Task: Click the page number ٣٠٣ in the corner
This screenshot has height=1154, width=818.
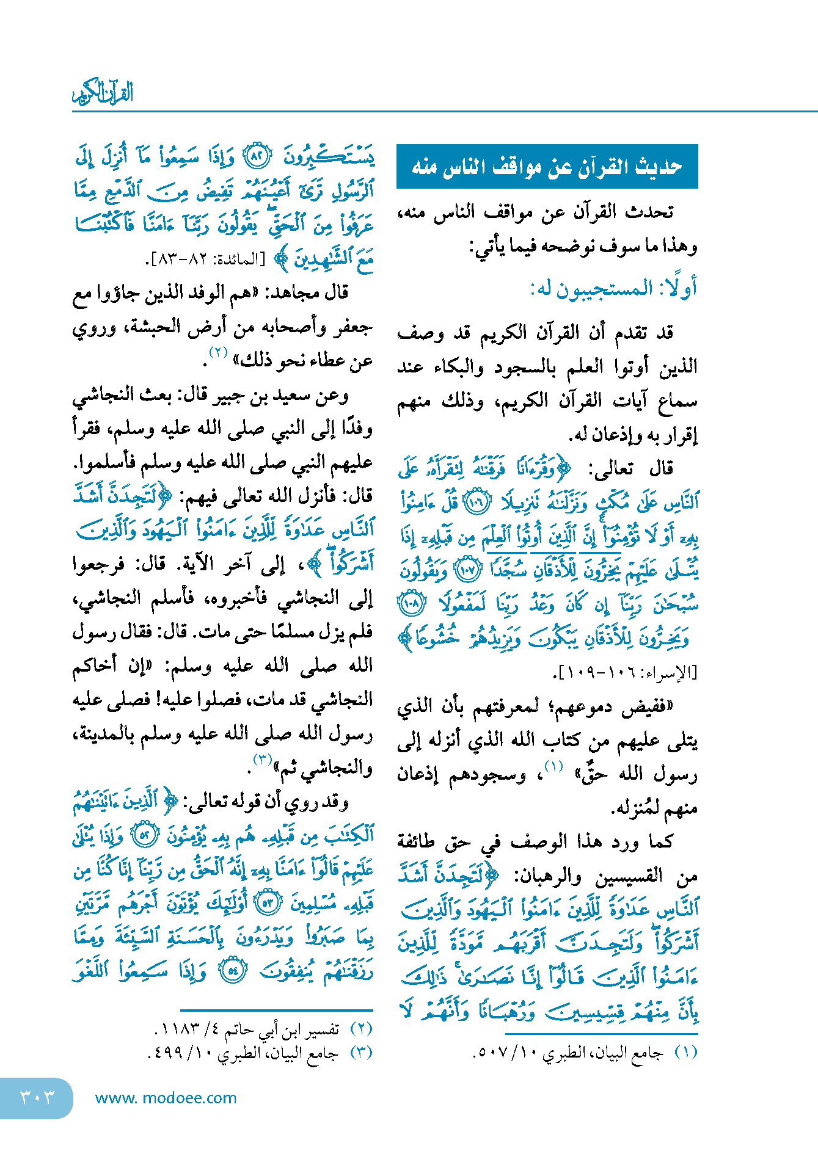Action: pyautogui.click(x=37, y=1097)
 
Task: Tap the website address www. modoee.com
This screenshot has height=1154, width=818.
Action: pyautogui.click(x=166, y=1098)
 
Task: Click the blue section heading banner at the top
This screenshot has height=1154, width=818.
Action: pyautogui.click(x=547, y=166)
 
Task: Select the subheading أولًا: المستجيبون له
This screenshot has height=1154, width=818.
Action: pyautogui.click(x=613, y=288)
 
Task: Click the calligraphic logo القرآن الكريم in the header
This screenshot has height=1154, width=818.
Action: pyautogui.click(x=103, y=93)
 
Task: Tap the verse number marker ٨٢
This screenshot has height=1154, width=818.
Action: pyautogui.click(x=257, y=158)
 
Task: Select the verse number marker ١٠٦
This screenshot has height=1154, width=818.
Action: pyautogui.click(x=477, y=503)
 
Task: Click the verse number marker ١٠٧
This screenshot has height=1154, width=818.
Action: pyautogui.click(x=467, y=570)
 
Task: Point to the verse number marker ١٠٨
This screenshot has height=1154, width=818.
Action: pyautogui.click(x=411, y=604)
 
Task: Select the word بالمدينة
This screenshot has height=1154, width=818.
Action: pyautogui.click(x=104, y=734)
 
